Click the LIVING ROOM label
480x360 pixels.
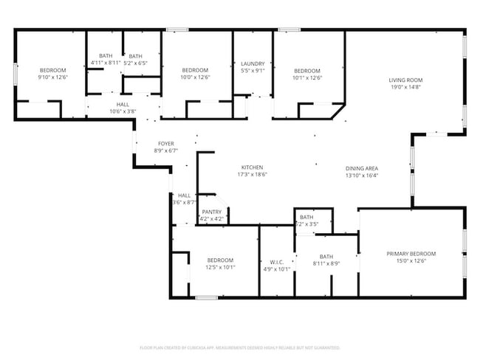(405, 80)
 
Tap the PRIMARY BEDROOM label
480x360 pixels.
(411, 254)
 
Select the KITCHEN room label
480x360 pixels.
(252, 167)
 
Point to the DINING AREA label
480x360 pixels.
(362, 167)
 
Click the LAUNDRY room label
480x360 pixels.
(253, 63)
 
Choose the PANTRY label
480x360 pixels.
(212, 212)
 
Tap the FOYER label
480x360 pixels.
(166, 143)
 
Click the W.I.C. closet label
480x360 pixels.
(277, 261)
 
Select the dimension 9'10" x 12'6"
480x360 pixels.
(52, 77)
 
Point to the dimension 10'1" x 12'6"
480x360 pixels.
(306, 77)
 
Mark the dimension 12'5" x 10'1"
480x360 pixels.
(220, 268)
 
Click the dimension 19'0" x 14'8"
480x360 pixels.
(405, 87)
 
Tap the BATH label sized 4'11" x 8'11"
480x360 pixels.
(106, 56)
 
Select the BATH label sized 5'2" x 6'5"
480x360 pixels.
(136, 56)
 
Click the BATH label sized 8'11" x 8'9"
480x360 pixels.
(326, 256)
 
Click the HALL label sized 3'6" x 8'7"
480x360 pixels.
(184, 195)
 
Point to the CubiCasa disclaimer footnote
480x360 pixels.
(240, 347)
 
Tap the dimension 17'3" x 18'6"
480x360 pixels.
(252, 175)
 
